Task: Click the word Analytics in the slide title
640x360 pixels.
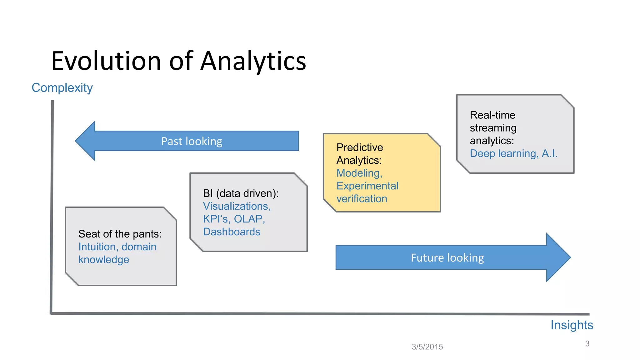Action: coord(253,61)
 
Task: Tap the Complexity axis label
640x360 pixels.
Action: coord(62,88)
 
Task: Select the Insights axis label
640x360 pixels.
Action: coord(572,325)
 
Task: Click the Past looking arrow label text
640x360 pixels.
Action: coord(192,141)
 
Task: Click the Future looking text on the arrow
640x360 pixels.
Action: coord(447,258)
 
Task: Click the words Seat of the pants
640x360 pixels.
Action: coord(120,234)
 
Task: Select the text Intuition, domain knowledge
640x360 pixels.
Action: coord(117,253)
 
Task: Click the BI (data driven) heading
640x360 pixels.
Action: coord(240,193)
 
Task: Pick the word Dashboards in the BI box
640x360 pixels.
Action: coord(232,232)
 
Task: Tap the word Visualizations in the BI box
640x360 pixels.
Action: coord(236,206)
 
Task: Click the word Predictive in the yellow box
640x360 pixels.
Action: coord(360,147)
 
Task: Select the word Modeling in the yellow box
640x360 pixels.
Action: coord(359,173)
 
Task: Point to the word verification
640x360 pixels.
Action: coord(362,199)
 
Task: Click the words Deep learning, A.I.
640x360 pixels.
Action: coord(513,153)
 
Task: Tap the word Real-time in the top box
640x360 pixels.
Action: coord(492,115)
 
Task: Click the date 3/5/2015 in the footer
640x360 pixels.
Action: coord(427,347)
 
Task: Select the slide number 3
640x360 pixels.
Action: coord(587,343)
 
